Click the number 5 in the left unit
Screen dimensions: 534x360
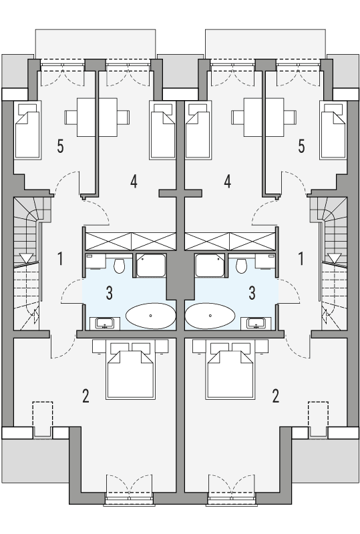(60, 147)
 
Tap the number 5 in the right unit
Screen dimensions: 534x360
(302, 147)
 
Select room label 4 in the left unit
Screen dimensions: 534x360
(134, 181)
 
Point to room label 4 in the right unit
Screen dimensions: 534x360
(228, 181)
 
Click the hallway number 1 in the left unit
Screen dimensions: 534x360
(60, 258)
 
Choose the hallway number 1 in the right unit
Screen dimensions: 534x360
(302, 258)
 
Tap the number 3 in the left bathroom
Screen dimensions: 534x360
(109, 292)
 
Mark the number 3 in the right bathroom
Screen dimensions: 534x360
(252, 292)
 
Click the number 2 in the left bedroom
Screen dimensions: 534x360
(85, 396)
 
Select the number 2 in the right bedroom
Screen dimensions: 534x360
(276, 396)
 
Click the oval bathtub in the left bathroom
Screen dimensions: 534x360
(150, 316)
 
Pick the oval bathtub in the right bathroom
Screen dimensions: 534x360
(210, 316)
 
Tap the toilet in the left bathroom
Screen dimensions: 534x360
(120, 266)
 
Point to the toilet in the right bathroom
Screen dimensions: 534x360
(242, 266)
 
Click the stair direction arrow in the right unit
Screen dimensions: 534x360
(333, 258)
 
